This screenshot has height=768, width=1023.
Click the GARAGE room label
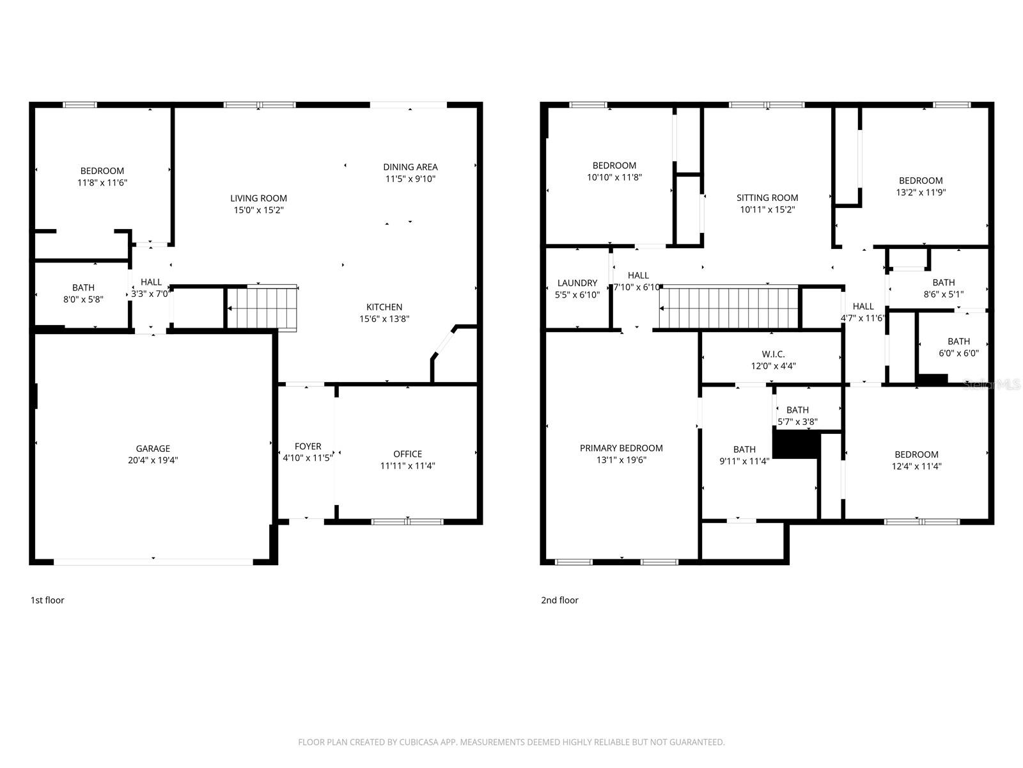(153, 449)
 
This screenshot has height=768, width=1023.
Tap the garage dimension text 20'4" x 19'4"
(153, 460)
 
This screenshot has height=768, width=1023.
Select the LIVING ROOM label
(258, 198)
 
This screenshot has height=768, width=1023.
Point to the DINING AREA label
(410, 167)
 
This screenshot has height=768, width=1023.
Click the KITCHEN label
(384, 307)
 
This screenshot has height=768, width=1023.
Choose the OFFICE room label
(407, 454)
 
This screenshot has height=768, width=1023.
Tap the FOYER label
(308, 447)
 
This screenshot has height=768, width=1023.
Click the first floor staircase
(262, 308)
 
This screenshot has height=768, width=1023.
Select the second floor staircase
(730, 308)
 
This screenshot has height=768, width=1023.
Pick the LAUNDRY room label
(577, 283)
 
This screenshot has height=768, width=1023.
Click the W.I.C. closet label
(773, 355)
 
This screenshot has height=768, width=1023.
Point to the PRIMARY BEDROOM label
(621, 448)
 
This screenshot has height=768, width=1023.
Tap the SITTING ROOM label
(767, 198)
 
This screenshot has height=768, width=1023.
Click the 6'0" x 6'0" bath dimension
(958, 353)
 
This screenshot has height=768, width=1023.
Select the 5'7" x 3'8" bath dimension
(797, 422)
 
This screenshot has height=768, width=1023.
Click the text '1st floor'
(47, 600)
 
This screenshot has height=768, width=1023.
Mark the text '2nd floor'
(559, 600)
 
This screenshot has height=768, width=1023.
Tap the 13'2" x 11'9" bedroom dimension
(921, 192)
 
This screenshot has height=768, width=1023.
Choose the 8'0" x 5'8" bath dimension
(82, 299)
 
